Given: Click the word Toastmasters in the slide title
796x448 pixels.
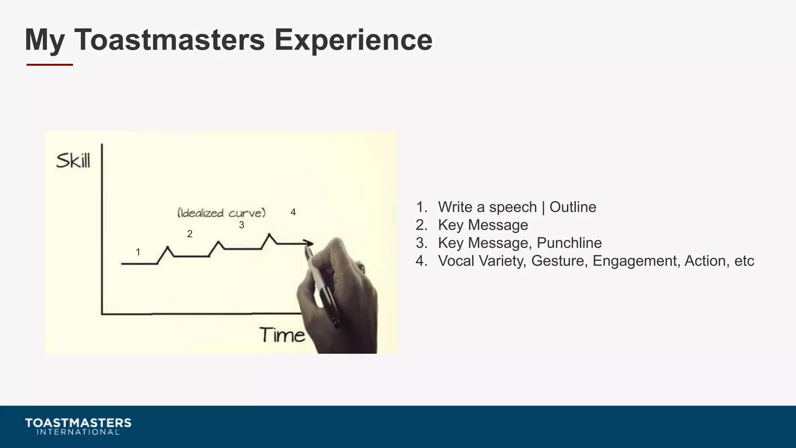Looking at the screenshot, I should (x=169, y=40).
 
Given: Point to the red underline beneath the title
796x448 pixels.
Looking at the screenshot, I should (x=50, y=65).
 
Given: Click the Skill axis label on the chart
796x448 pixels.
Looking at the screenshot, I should (x=73, y=161).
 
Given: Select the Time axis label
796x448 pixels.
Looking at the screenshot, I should (x=282, y=335).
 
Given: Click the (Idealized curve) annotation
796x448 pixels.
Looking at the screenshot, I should (x=221, y=213).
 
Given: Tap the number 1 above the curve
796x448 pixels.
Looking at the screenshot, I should (x=138, y=252).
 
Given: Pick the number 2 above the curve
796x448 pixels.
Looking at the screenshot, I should (x=190, y=234).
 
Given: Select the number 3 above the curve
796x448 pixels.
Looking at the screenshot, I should (x=241, y=225).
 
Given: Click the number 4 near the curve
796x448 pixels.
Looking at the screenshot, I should (x=293, y=212).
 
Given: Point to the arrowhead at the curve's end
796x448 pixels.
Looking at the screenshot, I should (x=309, y=243).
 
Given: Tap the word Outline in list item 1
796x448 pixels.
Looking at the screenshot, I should (x=573, y=207).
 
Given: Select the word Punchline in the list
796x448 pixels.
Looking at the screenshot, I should (x=569, y=243).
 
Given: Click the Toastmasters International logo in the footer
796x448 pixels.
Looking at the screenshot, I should (x=78, y=426).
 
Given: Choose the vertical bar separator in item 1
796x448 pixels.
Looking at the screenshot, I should (x=543, y=207).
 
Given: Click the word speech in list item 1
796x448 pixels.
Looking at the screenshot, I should (x=513, y=207).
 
